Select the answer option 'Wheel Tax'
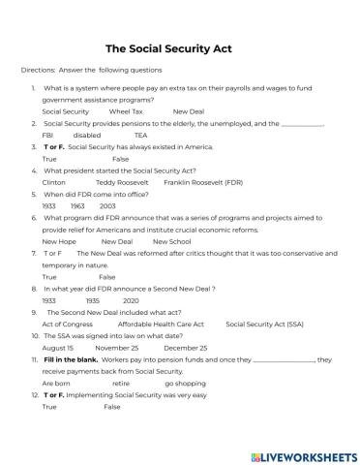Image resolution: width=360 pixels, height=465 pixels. point(125,111)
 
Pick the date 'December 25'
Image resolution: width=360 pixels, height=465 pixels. point(185,347)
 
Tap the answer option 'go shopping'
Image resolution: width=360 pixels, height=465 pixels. point(184,383)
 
